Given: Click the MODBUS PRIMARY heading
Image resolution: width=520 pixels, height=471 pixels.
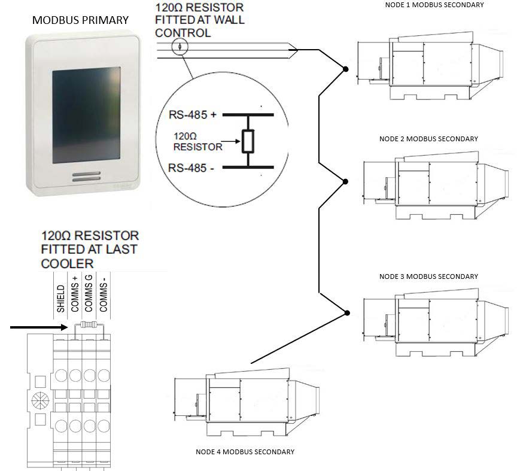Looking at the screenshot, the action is coord(80,20).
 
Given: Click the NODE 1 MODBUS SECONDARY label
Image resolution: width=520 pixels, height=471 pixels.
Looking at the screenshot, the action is coord(433,5).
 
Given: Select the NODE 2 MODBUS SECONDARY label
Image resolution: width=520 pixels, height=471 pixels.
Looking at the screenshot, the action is coord(428,139).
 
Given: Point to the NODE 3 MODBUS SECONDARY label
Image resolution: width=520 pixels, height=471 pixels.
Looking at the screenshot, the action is coord(428,276).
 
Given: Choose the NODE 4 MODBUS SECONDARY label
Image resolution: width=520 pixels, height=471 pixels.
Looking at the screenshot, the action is coord(245,452).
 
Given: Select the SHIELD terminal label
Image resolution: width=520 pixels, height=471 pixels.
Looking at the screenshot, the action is coord(61,299).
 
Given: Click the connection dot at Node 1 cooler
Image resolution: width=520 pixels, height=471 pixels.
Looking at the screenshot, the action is coord(345,69).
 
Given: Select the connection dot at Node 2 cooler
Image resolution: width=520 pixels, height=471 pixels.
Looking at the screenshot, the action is coord(346,181).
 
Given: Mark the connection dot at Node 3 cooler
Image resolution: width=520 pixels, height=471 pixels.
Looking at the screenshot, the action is coord(347,312).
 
